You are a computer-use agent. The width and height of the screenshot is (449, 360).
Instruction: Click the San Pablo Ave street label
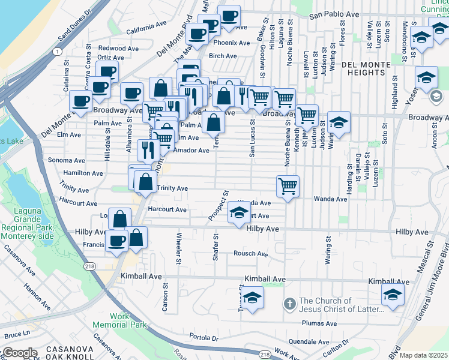pos(334,16)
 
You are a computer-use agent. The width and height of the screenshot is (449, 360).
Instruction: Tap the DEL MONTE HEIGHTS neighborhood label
pos(370,68)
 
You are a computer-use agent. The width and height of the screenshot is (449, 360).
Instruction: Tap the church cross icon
pos(289,304)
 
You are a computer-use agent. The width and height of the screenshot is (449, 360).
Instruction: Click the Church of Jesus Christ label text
pos(341,305)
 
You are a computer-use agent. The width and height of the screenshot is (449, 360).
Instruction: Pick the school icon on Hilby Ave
pos(239,212)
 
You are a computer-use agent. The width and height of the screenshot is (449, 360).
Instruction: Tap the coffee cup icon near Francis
pos(116,241)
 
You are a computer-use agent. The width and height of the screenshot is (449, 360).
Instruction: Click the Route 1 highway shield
pos(56,52)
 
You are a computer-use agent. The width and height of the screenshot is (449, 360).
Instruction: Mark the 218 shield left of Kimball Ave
pos(90,266)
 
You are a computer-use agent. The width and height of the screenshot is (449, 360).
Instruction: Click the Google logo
pos(19,352)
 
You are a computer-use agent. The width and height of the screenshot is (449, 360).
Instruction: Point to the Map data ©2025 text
pos(423,355)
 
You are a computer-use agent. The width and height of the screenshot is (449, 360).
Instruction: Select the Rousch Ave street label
pos(250,254)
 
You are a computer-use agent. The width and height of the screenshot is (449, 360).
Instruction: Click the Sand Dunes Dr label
pos(75,25)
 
